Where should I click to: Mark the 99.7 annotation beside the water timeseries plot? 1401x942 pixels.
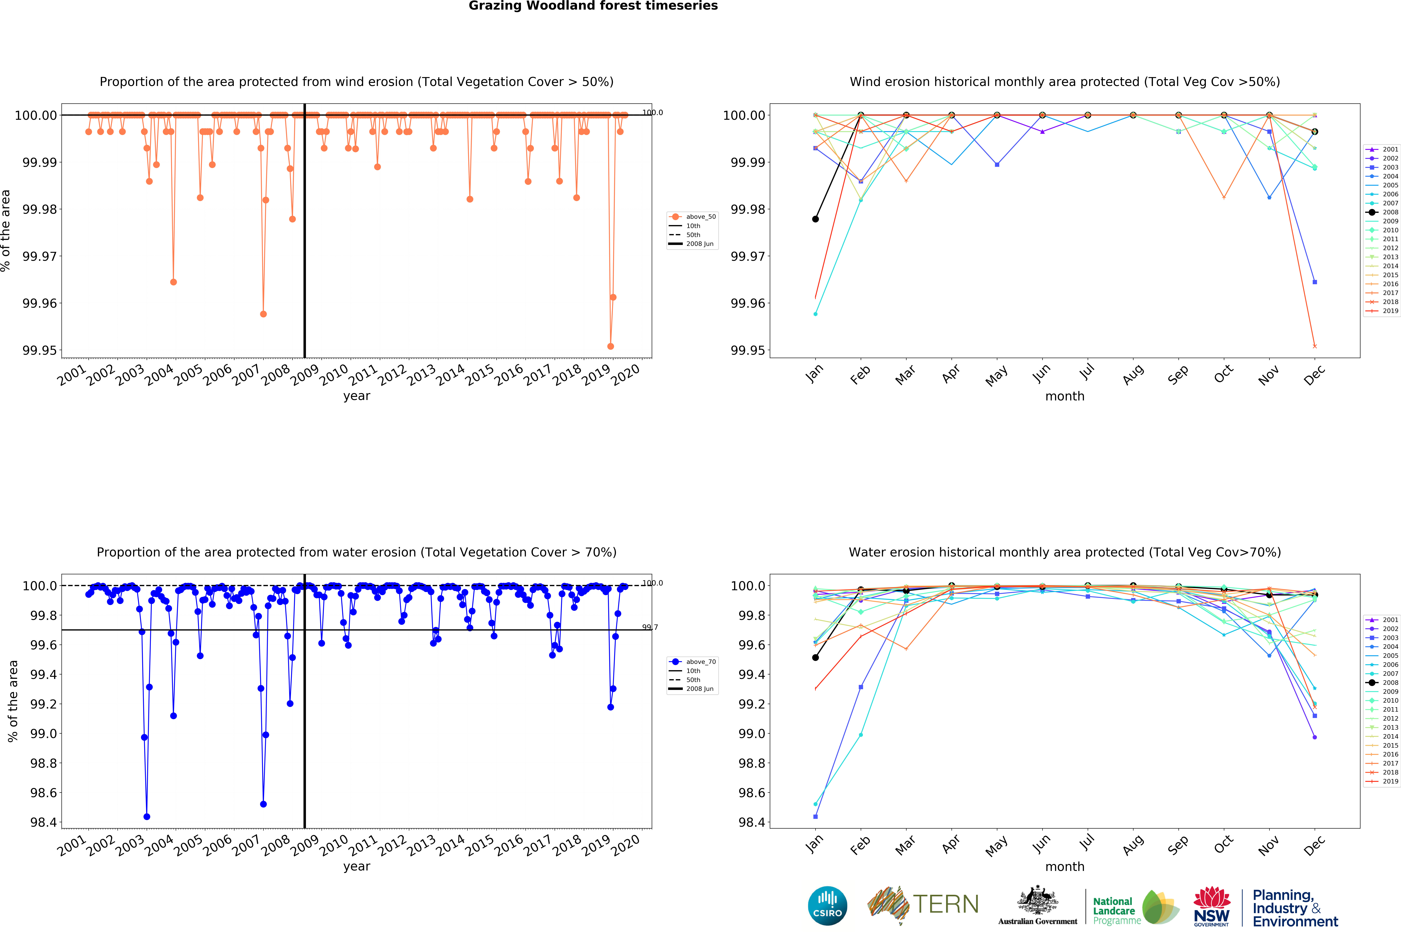tap(650, 627)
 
